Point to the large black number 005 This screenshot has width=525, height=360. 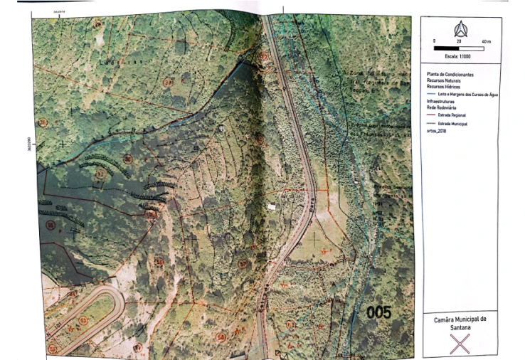click(378, 312)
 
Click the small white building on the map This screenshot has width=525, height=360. click(272, 206)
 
